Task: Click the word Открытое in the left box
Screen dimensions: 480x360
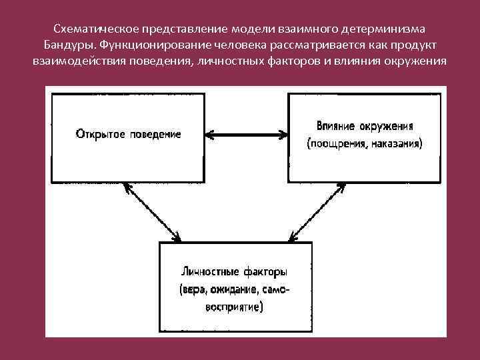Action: (98, 133)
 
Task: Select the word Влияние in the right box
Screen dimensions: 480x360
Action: (336, 126)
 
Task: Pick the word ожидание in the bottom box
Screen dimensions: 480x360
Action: (236, 290)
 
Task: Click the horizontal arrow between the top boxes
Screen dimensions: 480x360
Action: (245, 135)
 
